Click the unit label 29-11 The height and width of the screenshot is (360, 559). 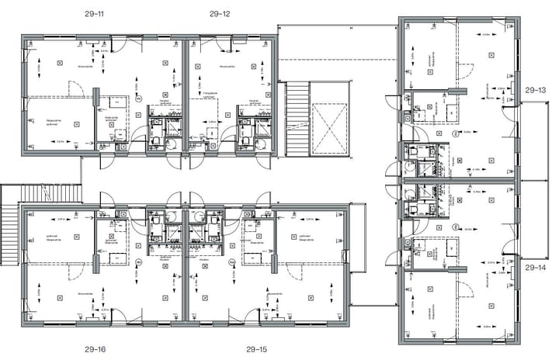[97, 14]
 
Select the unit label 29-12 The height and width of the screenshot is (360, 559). [220, 14]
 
